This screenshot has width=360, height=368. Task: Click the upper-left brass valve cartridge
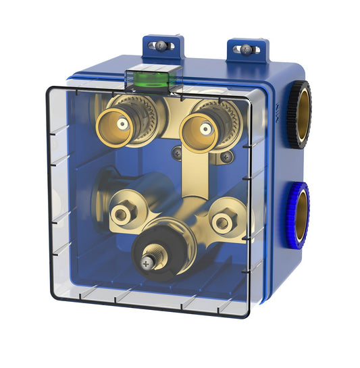(x=122, y=124)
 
